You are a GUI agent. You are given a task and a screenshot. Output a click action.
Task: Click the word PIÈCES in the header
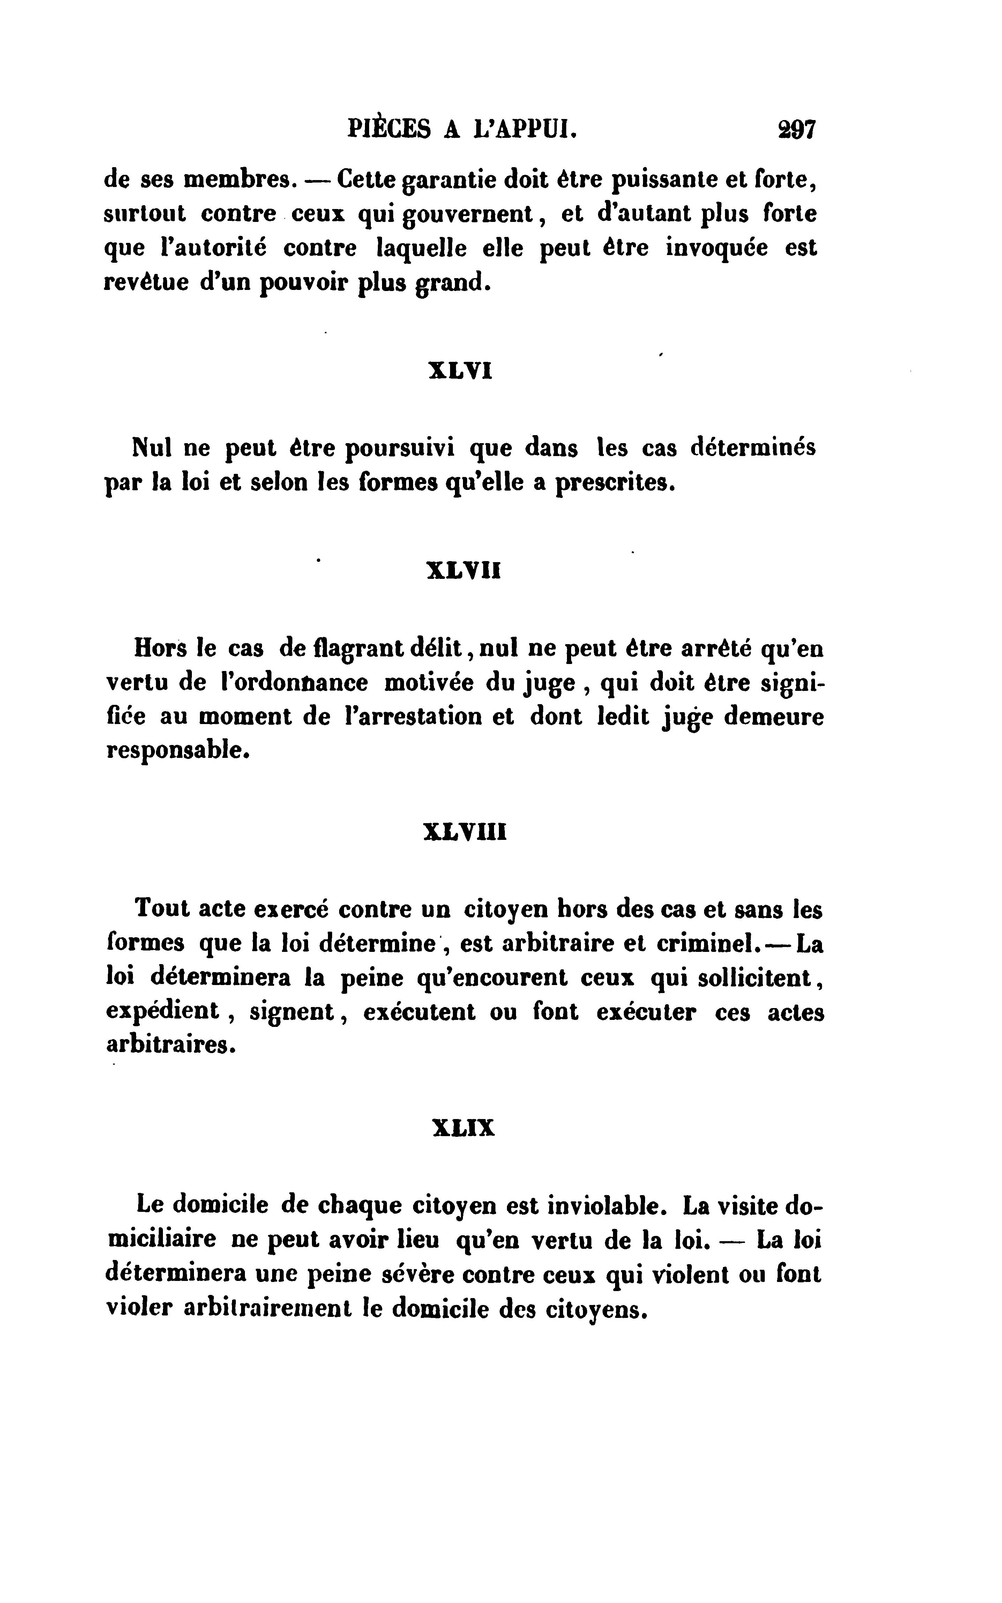click(x=388, y=128)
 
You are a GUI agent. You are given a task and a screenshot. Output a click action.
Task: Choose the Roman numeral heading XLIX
click(x=463, y=1128)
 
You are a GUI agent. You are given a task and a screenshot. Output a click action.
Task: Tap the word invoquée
click(x=717, y=248)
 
